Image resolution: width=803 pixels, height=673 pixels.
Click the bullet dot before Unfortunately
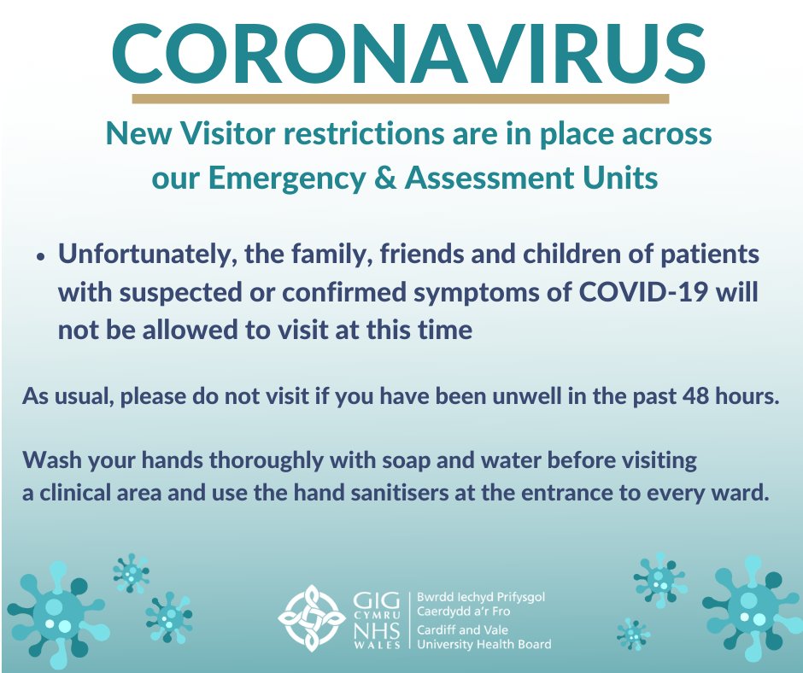[x=40, y=256]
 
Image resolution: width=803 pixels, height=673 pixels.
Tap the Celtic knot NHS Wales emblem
[x=312, y=617]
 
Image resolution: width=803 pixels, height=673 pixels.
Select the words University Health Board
[x=483, y=644]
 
